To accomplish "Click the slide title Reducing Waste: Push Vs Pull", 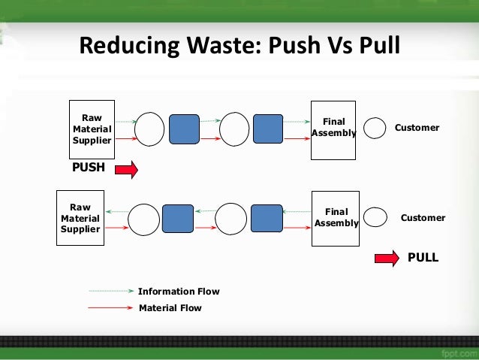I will [239, 46].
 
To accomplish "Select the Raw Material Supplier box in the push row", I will [92, 129].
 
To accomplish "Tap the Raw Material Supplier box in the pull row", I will [80, 218].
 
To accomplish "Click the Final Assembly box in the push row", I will [333, 129].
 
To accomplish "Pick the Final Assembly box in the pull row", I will [336, 218].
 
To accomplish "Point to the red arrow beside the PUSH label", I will [126, 170].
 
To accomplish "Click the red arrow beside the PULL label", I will [386, 259].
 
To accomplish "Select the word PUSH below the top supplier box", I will [88, 168].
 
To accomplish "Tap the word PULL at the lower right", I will [423, 257].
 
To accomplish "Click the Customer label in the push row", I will [417, 128].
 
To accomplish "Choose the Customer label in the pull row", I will [423, 218].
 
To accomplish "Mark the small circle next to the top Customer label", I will [375, 129].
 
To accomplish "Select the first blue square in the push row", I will [184, 129].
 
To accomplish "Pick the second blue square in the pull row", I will [267, 218].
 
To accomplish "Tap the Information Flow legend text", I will [179, 292].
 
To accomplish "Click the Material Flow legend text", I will [170, 307].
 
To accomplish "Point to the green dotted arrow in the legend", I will [111, 291].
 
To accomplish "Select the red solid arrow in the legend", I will [111, 307].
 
